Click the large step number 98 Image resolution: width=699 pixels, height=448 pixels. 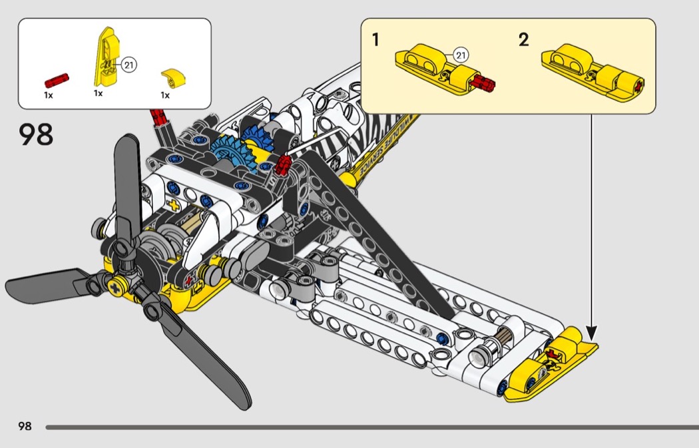[x=36, y=134]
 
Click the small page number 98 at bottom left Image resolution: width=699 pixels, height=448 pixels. [x=25, y=426]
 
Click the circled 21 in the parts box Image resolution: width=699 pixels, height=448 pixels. [x=128, y=65]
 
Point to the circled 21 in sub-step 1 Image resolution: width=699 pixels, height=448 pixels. [x=461, y=55]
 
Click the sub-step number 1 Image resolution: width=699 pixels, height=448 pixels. [x=376, y=40]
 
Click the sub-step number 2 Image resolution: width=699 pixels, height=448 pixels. [x=524, y=40]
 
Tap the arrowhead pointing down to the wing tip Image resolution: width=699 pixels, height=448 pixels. [x=591, y=331]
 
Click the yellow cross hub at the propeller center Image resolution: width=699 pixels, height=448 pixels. [x=118, y=288]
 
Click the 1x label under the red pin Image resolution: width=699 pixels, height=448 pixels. [x=49, y=95]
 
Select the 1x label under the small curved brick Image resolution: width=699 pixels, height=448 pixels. [x=165, y=95]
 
